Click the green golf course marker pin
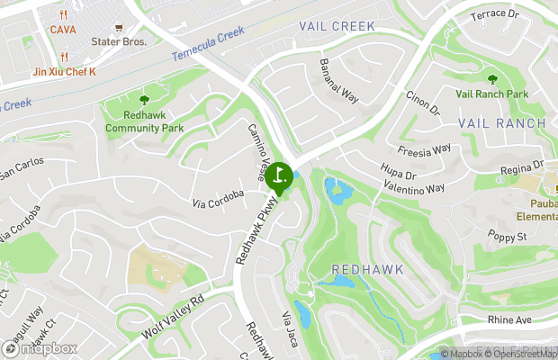(278, 175)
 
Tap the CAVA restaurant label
(63, 30)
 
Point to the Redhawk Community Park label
(143, 121)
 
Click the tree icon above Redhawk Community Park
(144, 99)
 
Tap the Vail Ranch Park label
(491, 94)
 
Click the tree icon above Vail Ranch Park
(491, 78)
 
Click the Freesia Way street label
(424, 149)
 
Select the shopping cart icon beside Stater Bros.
(118, 28)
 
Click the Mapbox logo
(40, 348)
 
